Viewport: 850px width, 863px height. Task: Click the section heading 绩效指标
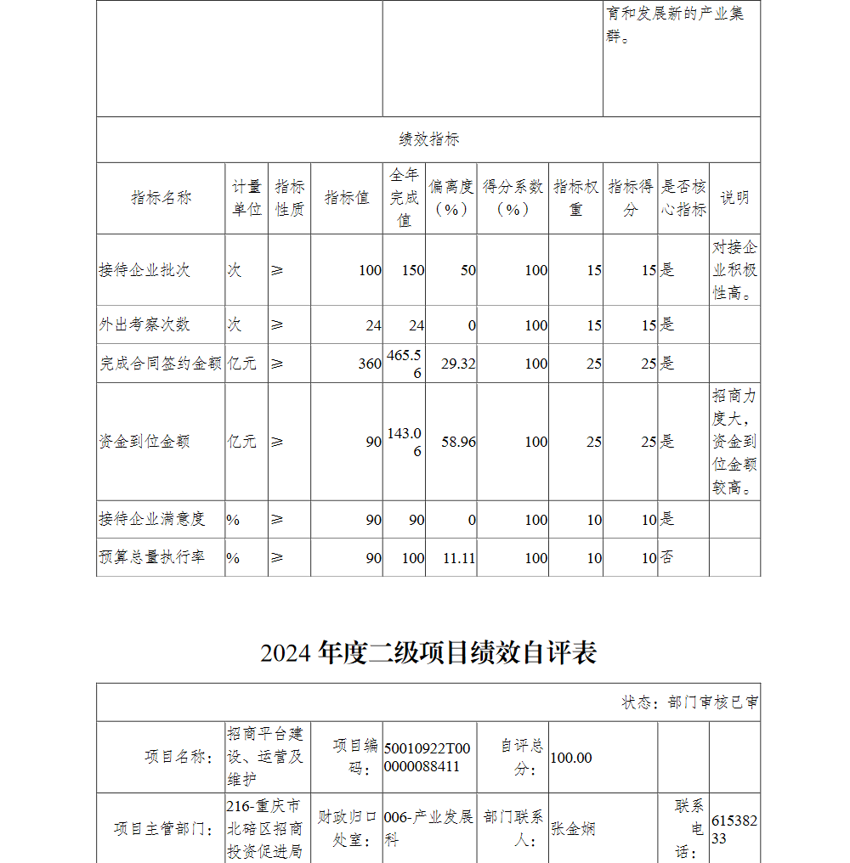[x=428, y=140]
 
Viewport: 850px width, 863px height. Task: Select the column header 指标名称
[x=161, y=198]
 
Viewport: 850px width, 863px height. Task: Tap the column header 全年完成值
[x=405, y=198]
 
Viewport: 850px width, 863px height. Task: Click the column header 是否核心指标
[x=683, y=198]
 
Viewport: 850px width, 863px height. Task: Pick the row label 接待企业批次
[x=144, y=270]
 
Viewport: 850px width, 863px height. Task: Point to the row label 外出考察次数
[x=144, y=324]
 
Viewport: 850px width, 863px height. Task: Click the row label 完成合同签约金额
[x=161, y=364]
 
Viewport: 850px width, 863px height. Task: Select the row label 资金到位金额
[x=144, y=442]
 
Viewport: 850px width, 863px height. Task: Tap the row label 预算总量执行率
[x=152, y=558]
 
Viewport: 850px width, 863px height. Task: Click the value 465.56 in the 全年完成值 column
[x=405, y=364]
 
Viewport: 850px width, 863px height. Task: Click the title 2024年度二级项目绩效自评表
[x=428, y=652]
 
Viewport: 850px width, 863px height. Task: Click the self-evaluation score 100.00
[x=571, y=758]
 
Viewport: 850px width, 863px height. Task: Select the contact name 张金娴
[x=573, y=829]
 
